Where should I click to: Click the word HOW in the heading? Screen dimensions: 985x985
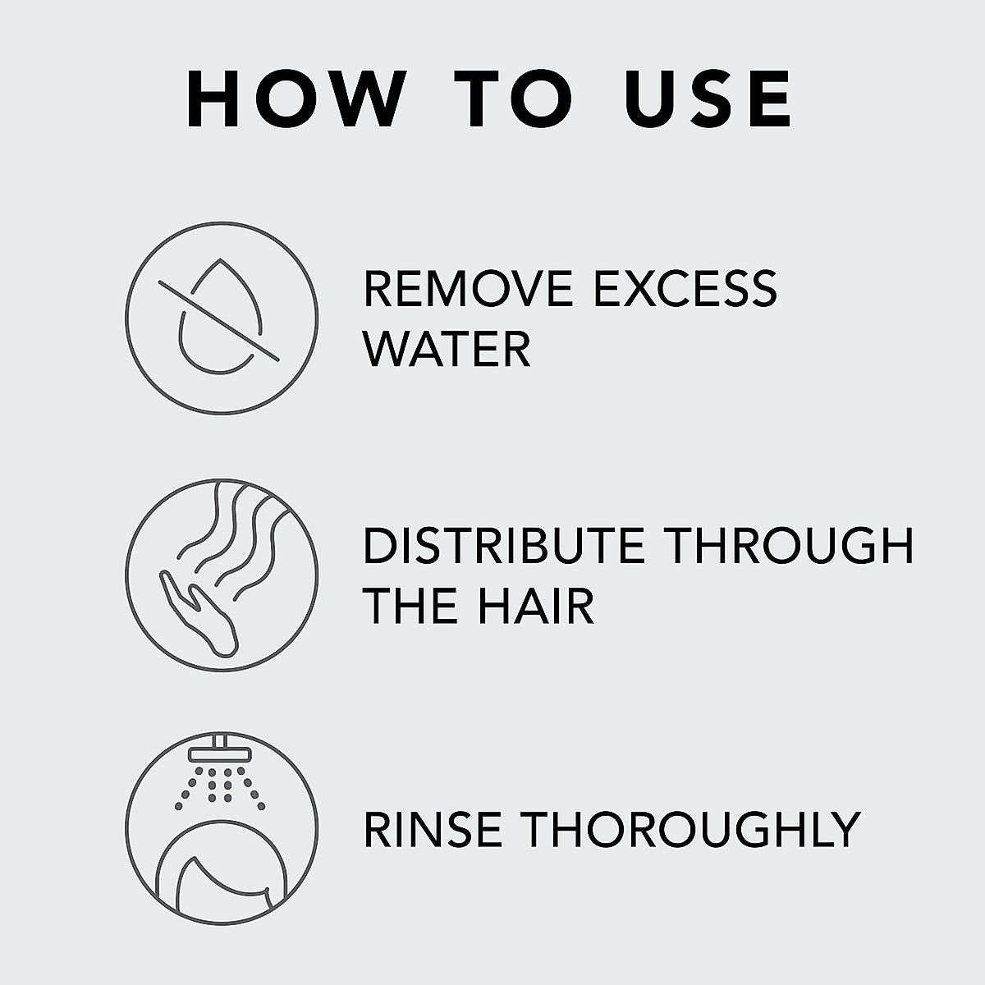click(291, 100)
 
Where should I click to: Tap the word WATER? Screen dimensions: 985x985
click(447, 348)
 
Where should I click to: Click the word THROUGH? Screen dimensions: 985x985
click(790, 546)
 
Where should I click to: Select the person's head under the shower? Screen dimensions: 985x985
click(220, 878)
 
